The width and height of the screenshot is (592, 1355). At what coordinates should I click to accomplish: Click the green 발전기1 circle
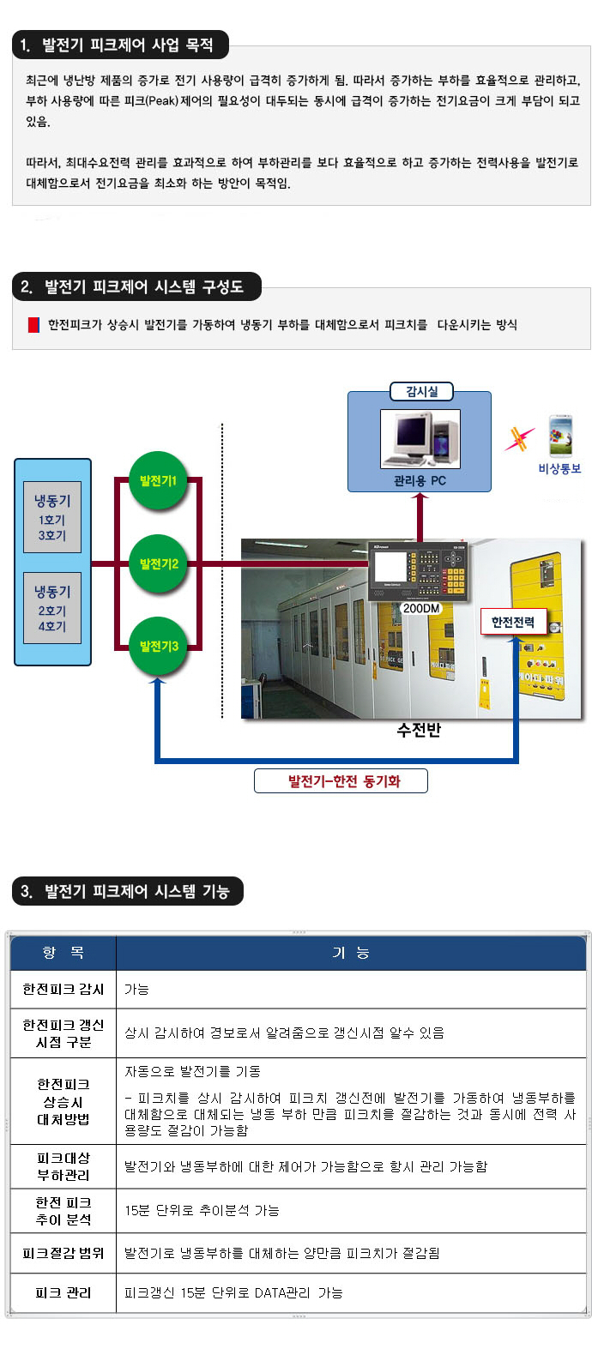pos(158,481)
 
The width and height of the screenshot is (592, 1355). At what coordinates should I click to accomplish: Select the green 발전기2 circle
pos(158,563)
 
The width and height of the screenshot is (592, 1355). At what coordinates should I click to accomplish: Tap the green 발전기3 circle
pos(158,646)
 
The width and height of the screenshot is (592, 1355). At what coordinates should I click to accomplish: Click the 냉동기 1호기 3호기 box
pos(52,518)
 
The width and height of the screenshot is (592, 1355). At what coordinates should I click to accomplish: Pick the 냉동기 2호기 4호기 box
pos(52,608)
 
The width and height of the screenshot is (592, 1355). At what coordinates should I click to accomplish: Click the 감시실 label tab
pos(421,391)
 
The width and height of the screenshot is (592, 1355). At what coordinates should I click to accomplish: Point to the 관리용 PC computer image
pos(420,438)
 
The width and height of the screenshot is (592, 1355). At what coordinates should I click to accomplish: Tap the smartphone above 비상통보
pos(560,435)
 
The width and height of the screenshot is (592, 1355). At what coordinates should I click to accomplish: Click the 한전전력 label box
pos(512,622)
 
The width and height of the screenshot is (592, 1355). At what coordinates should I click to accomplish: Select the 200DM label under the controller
pos(420,608)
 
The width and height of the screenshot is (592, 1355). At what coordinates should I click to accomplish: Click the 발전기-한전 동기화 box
pos(341,781)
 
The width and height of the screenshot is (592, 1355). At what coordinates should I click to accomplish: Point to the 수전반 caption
pos(419,730)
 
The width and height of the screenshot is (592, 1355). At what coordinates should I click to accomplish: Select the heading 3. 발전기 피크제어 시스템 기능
pos(127,891)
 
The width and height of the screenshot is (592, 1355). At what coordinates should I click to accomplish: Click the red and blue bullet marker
pos(33,325)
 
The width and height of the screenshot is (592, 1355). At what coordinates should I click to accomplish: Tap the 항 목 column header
pos(63,953)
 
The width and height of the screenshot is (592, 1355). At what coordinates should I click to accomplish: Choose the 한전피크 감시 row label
pos(63,989)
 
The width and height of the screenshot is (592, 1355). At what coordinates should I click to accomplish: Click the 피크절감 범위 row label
pos(63,1253)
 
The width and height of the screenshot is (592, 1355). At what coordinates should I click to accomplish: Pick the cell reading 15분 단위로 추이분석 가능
pos(202,1210)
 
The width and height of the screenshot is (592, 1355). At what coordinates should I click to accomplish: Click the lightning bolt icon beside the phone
pos(518,438)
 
